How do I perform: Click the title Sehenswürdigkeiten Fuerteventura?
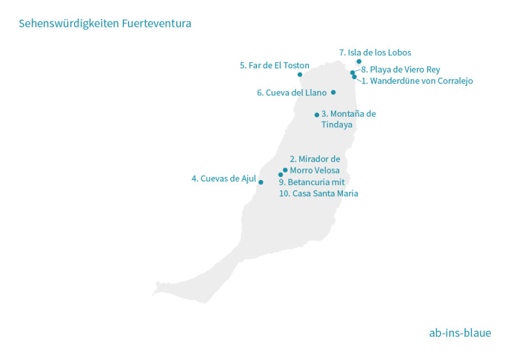[x=105, y=24]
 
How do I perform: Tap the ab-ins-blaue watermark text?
[x=459, y=333]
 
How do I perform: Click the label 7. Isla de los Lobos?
[x=375, y=53]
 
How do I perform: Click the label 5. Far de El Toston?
[x=275, y=65]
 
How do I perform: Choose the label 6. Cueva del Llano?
[x=291, y=93]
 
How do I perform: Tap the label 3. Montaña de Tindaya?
[x=348, y=119]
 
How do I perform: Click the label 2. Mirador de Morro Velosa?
[x=315, y=165]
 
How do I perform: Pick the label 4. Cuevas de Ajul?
[x=223, y=179]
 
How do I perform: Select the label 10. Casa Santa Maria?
[x=318, y=194]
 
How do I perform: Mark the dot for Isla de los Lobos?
[x=359, y=61]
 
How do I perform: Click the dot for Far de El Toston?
[x=300, y=75]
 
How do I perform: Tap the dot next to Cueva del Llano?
[x=333, y=92]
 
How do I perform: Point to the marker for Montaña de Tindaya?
[x=317, y=115]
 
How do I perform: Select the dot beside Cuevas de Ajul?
[x=261, y=183]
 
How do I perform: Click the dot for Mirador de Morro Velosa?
[x=285, y=170]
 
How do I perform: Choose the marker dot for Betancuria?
[x=281, y=175]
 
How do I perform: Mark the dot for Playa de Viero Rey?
[x=352, y=73]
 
